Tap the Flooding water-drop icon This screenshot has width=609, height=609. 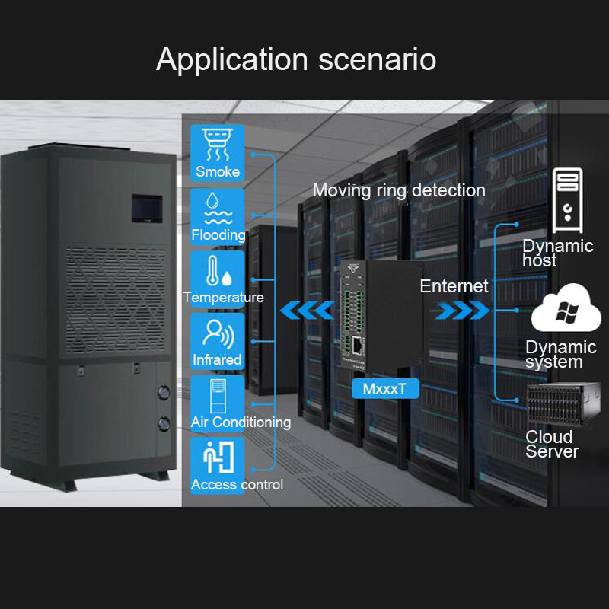pos(218,208)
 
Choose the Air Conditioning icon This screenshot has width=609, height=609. pos(217,395)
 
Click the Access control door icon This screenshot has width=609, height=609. pos(217,458)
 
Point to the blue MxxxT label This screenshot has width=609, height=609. pos(384,389)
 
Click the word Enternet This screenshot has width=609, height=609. pos(454,286)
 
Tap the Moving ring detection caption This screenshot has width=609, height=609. pos(399,190)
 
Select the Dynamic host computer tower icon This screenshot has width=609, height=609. pos(568,196)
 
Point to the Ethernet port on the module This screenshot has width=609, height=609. pos(359,346)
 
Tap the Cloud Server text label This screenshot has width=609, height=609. pos(552,444)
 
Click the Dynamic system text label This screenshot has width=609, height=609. pos(560,355)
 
